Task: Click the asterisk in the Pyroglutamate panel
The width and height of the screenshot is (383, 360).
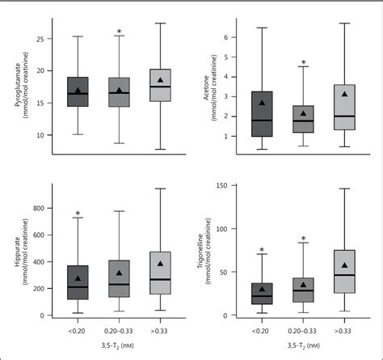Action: click(x=119, y=33)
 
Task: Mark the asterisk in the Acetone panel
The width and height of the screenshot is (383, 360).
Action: click(x=303, y=63)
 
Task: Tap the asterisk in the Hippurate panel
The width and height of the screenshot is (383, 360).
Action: click(x=78, y=215)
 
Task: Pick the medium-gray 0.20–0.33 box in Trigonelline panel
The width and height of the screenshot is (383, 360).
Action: click(x=303, y=290)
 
